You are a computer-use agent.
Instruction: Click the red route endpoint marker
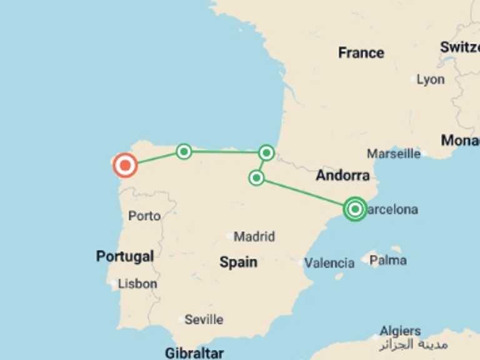point(125,166)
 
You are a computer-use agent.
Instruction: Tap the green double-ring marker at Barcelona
point(355,209)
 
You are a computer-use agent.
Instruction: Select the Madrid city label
point(254,237)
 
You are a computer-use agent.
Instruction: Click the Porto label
point(144,216)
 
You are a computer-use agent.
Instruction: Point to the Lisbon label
point(137,284)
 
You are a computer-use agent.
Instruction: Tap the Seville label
point(204,319)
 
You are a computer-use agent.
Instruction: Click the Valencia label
point(329,263)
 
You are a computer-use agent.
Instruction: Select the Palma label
point(388,260)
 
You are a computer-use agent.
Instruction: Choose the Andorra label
point(342,176)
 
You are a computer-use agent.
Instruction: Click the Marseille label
point(394,154)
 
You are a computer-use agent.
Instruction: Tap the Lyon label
point(431,79)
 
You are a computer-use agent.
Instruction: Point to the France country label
point(361,53)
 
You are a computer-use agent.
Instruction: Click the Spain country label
point(238,262)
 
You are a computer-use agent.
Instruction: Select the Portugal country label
point(125,256)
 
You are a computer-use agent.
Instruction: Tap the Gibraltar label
point(194,353)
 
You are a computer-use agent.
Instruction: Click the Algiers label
point(400,331)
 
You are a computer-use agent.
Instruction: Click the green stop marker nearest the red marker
point(184,151)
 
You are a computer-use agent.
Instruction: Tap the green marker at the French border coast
point(267,152)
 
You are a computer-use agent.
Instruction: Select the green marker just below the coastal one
point(256,178)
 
